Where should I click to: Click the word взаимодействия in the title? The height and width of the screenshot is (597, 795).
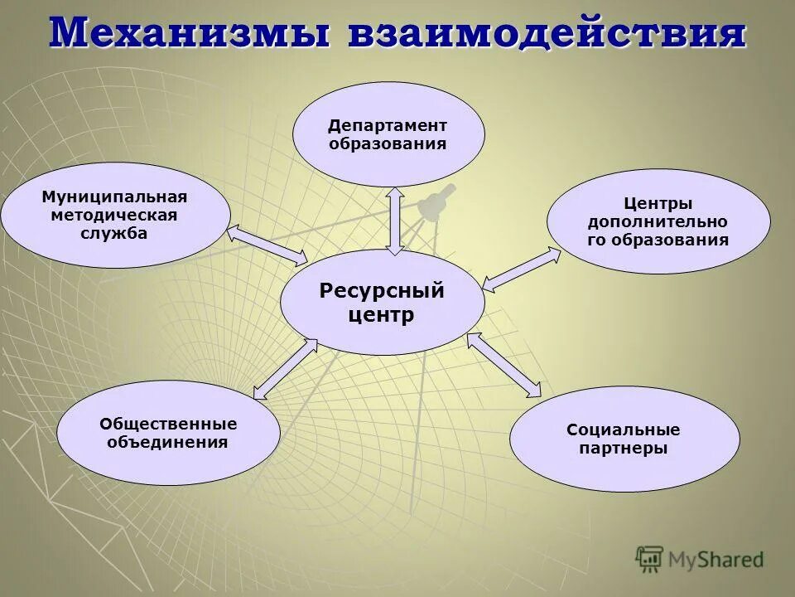[547, 33]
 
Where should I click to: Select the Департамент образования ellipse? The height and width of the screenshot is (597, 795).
[388, 133]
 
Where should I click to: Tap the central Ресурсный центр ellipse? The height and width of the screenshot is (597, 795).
[382, 303]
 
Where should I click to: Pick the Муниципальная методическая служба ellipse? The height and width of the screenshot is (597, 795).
[115, 215]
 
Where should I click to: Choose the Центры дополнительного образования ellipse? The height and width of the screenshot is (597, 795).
[658, 221]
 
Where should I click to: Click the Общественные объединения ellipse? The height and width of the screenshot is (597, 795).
[168, 432]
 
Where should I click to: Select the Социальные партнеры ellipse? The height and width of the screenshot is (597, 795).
[624, 439]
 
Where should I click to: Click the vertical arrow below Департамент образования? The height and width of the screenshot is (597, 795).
[396, 220]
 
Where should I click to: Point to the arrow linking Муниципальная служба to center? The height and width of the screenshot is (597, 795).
[267, 245]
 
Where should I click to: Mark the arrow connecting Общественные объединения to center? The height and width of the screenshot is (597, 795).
[284, 368]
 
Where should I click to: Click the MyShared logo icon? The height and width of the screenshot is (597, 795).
[649, 560]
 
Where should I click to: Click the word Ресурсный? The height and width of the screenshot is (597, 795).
[382, 291]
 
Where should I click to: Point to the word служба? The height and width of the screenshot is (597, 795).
[115, 233]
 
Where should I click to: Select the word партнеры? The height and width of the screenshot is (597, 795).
[624, 448]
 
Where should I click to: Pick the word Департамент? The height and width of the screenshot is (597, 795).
[388, 125]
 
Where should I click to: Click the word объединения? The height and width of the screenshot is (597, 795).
[168, 441]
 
